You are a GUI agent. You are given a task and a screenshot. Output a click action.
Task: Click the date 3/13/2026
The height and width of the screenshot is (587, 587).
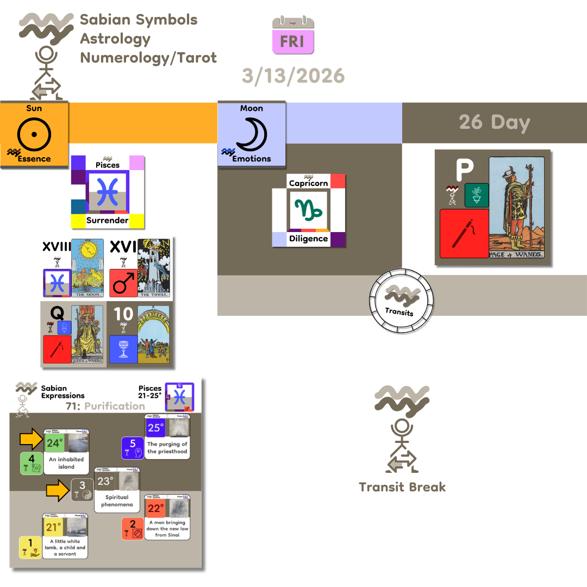tap(293, 76)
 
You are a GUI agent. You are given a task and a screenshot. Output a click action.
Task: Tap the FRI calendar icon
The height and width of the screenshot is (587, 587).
tap(293, 36)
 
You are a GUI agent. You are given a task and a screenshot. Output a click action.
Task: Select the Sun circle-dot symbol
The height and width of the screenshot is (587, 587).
tap(34, 133)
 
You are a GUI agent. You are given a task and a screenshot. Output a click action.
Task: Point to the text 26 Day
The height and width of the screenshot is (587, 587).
tap(494, 122)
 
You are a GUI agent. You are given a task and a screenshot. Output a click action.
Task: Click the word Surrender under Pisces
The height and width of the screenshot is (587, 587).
tap(107, 220)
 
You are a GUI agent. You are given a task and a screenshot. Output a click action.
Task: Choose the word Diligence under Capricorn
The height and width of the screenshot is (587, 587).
tap(308, 239)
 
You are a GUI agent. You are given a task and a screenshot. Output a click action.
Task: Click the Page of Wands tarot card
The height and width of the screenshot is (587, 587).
tap(516, 207)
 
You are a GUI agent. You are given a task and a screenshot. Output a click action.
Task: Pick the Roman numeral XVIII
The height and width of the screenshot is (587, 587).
tap(57, 247)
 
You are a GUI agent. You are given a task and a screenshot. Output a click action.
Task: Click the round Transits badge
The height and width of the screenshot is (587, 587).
tap(402, 301)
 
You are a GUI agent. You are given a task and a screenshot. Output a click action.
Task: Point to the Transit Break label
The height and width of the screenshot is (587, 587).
tap(402, 486)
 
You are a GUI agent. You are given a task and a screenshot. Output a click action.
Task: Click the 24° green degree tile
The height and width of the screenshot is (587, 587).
tap(54, 443)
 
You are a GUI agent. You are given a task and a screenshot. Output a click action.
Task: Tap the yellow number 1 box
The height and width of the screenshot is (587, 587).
tap(30, 547)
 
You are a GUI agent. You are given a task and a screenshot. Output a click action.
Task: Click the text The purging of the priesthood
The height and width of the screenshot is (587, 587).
tap(167, 448)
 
